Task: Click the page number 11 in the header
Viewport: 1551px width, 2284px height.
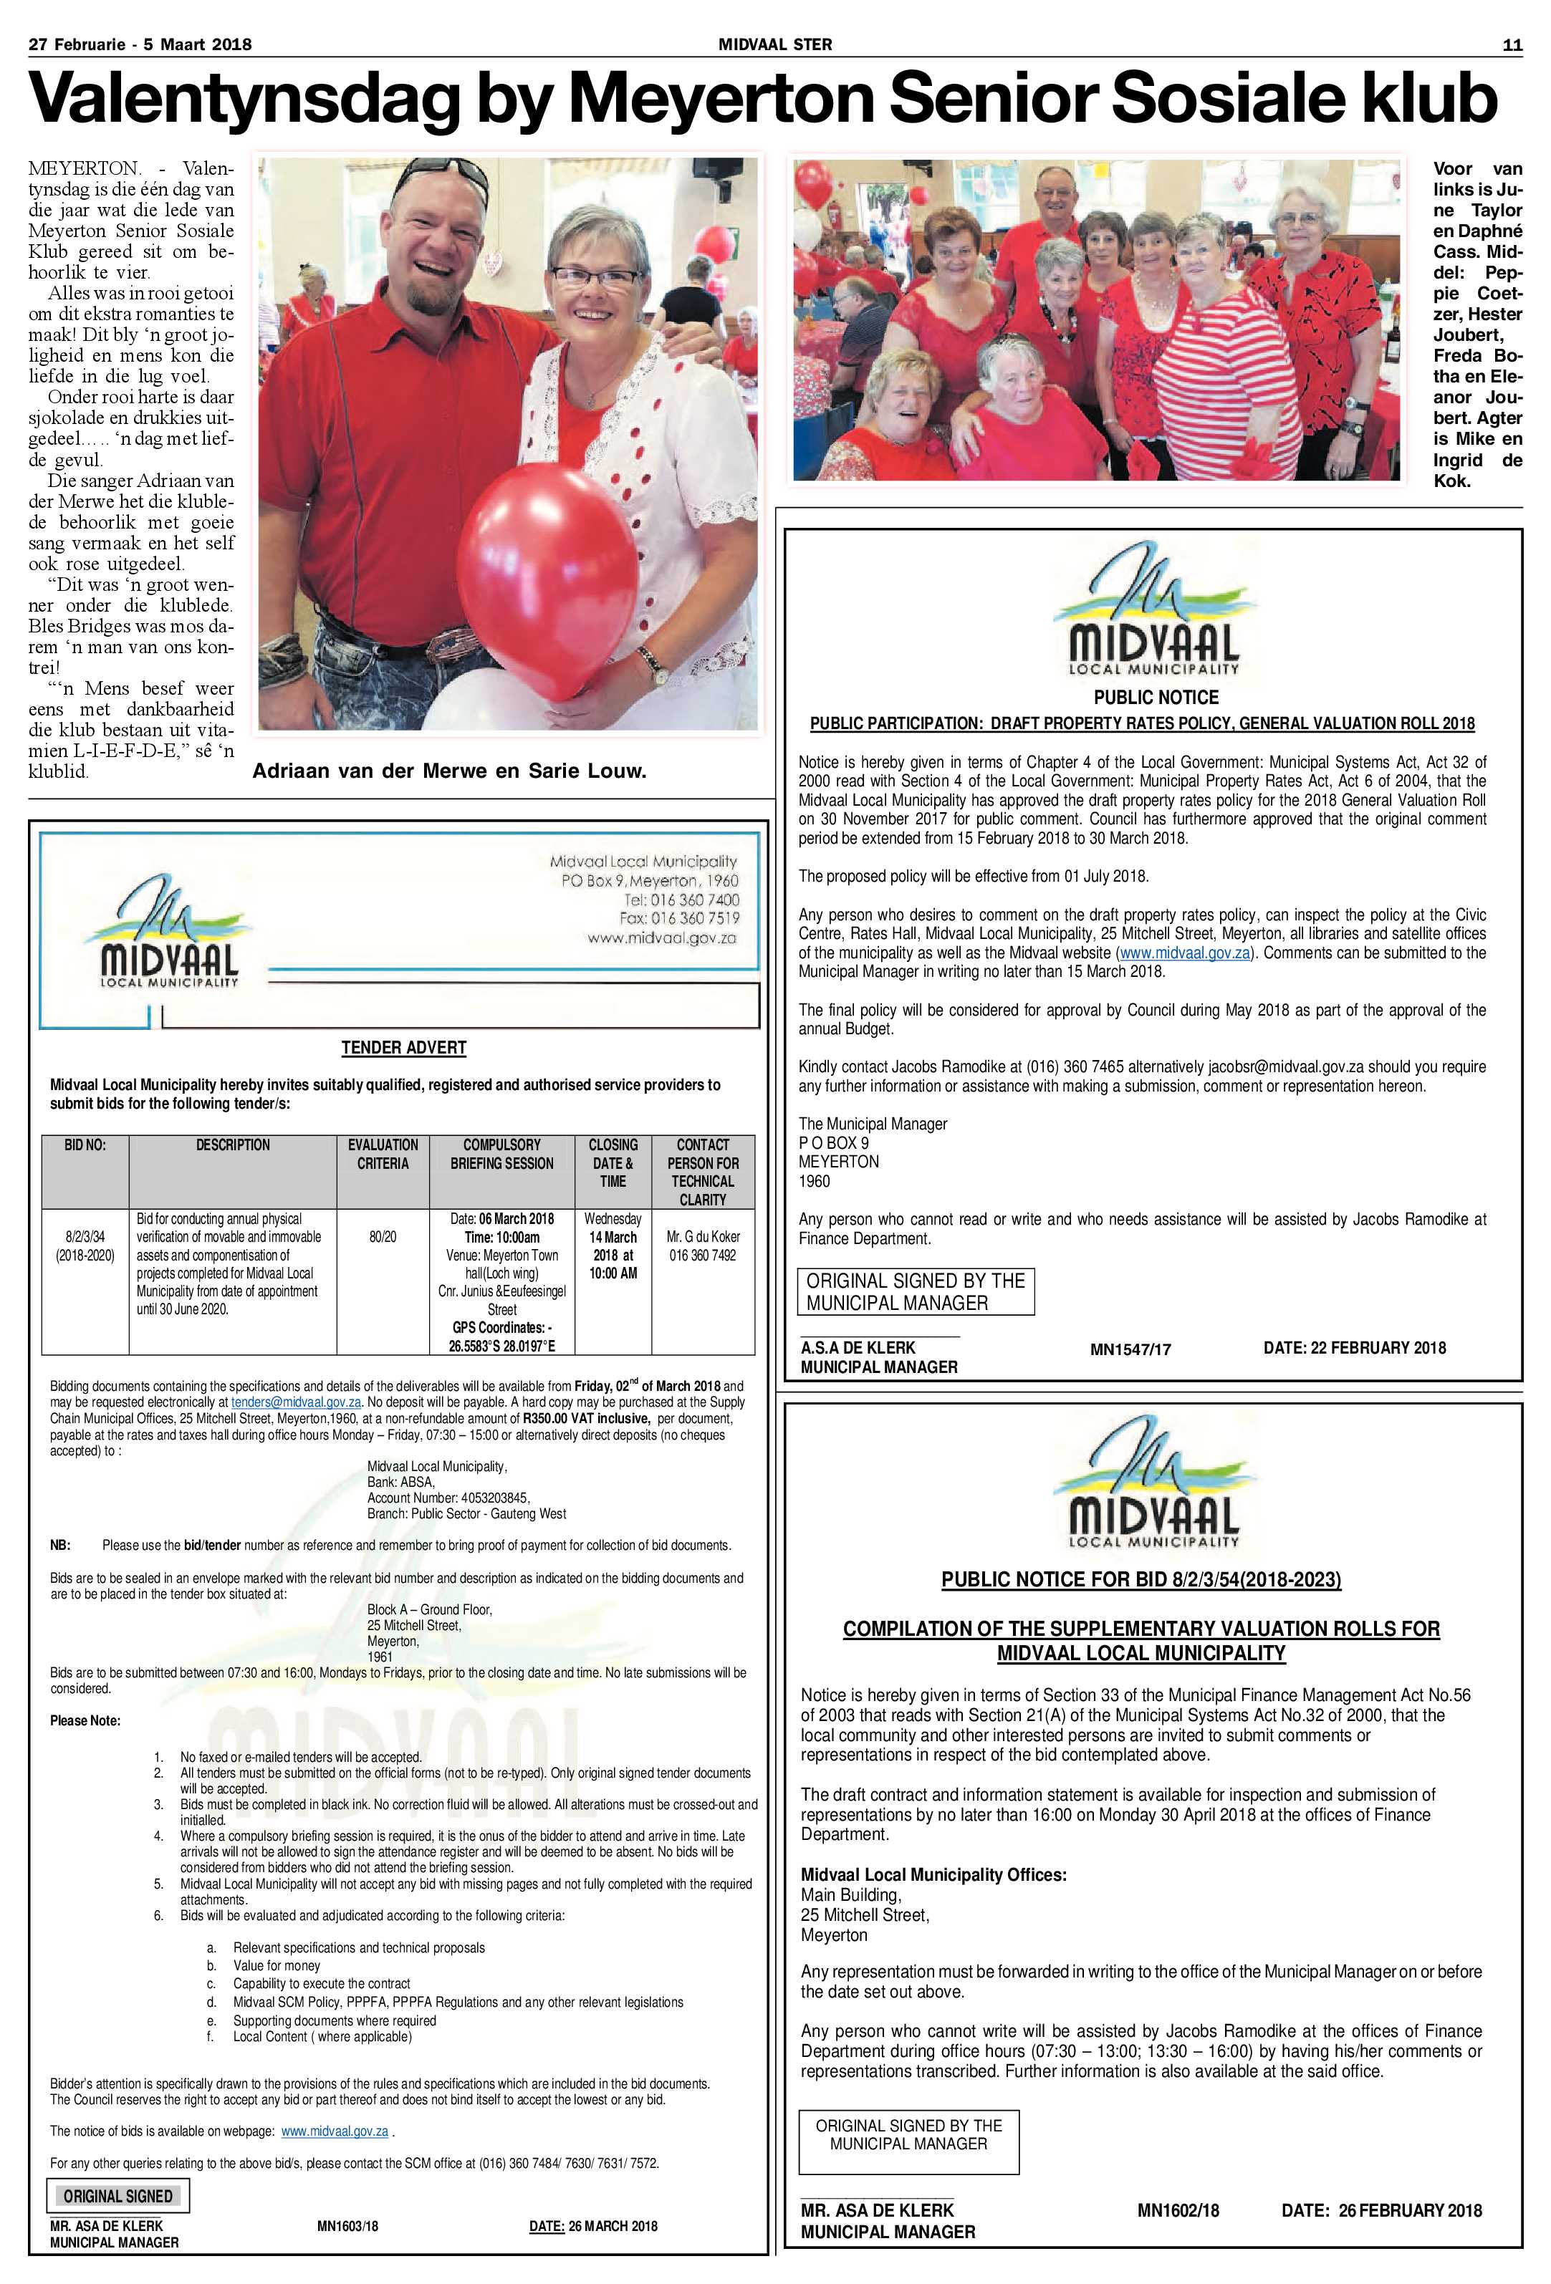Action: [x=1512, y=44]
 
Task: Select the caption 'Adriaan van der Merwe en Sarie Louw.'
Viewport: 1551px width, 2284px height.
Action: [x=449, y=771]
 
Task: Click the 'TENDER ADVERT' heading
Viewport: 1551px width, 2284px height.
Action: [x=404, y=1048]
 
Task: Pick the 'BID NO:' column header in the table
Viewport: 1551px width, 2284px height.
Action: [x=85, y=1145]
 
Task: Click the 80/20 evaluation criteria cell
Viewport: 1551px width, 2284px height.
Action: [x=383, y=1236]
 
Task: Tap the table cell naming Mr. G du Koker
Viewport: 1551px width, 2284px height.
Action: [x=703, y=1245]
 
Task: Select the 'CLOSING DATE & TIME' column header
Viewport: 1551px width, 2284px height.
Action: [x=613, y=1162]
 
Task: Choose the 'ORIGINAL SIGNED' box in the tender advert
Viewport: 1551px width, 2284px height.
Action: [x=118, y=2196]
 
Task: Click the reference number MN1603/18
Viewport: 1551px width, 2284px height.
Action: [x=347, y=2226]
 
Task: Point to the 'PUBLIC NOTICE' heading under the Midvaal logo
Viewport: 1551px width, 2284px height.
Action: [x=1156, y=698]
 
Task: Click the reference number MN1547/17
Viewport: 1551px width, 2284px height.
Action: [x=1130, y=1349]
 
